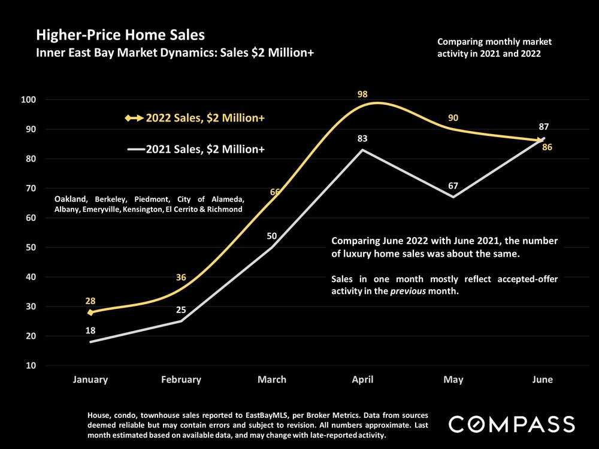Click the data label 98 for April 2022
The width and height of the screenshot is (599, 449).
(x=362, y=94)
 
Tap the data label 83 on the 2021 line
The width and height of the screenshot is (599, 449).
(x=362, y=139)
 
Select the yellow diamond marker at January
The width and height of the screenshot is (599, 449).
(x=90, y=312)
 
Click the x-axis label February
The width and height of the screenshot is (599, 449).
(x=181, y=380)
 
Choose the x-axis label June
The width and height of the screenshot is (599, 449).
(x=542, y=380)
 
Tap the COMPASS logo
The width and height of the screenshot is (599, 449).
(x=512, y=424)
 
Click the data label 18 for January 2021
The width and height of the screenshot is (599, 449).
(x=90, y=330)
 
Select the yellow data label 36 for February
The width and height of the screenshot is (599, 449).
(x=181, y=277)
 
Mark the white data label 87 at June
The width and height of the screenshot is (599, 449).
(x=543, y=127)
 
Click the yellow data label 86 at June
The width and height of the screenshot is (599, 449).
(x=546, y=147)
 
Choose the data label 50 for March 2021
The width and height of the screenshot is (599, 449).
(x=272, y=236)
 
